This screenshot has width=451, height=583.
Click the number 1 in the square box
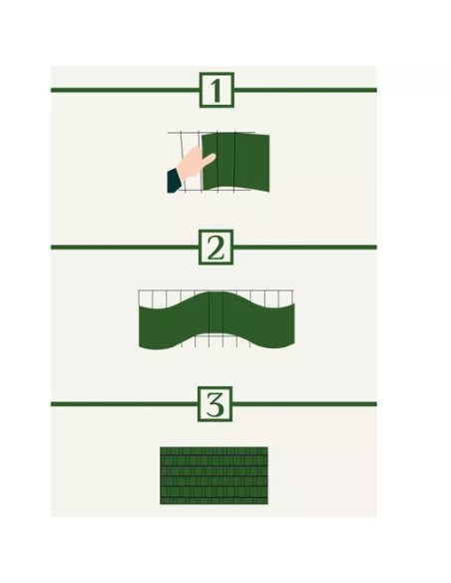[x=217, y=91]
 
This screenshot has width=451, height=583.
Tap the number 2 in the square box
[x=216, y=248]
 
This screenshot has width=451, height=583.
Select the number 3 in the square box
[x=215, y=404]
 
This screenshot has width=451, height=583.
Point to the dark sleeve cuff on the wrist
[x=175, y=181]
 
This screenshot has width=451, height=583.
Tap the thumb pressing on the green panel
[x=209, y=160]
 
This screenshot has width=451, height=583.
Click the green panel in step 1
[x=235, y=162]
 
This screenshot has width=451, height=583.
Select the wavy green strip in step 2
[x=217, y=319]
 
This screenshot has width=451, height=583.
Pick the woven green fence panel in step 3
[x=214, y=475]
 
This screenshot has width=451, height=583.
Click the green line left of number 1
[x=125, y=90]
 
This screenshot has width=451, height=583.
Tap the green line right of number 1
[x=305, y=90]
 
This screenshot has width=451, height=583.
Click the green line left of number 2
[x=125, y=247]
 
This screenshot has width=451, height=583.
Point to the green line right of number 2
[x=305, y=247]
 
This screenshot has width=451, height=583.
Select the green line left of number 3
[x=124, y=403]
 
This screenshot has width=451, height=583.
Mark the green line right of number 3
[x=304, y=403]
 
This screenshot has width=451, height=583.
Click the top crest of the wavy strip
[x=217, y=292]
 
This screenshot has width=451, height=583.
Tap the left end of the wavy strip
[x=140, y=326]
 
